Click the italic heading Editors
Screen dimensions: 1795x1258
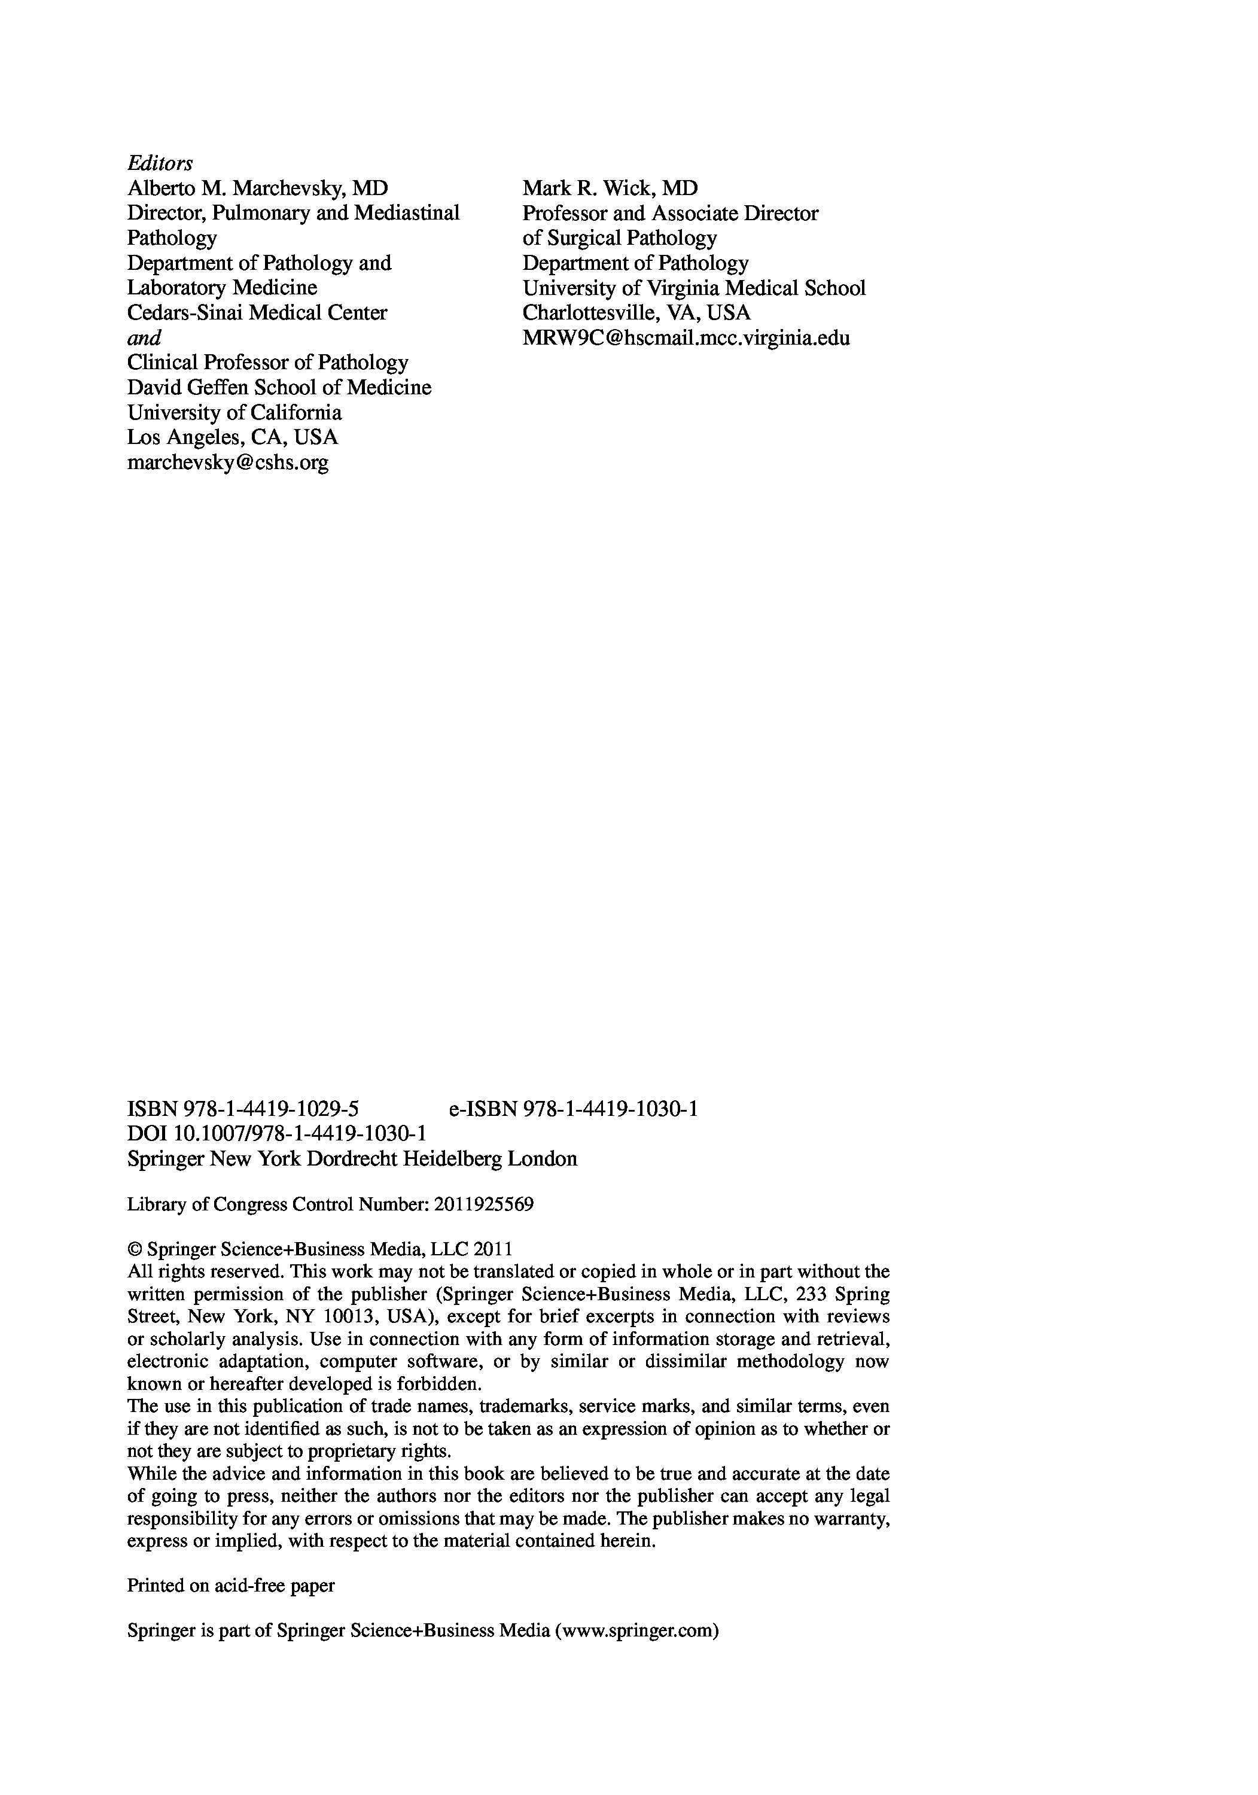pos(160,163)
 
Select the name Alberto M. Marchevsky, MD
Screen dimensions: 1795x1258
pos(257,188)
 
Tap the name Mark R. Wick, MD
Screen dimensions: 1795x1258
pos(610,188)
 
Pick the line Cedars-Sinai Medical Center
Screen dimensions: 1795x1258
pos(257,313)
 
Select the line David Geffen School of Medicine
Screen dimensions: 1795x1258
pos(279,388)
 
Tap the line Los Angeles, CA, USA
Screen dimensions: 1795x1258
pos(232,437)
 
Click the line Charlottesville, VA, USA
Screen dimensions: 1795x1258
pos(636,313)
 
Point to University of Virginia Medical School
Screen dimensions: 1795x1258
pos(693,288)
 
